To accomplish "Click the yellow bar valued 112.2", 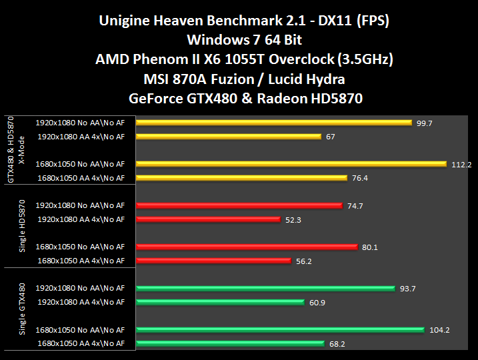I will (x=291, y=164).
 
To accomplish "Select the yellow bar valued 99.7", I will (x=273, y=123).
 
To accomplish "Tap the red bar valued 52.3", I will (x=208, y=219).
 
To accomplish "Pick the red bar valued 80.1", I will (x=247, y=247).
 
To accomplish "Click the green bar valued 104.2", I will (x=280, y=329).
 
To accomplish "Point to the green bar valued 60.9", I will (x=220, y=302).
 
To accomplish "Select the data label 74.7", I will (x=355, y=206).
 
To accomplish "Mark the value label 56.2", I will (x=303, y=261).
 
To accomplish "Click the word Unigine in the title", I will (x=127, y=21).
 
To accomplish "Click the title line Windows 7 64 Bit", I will (x=239, y=40).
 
